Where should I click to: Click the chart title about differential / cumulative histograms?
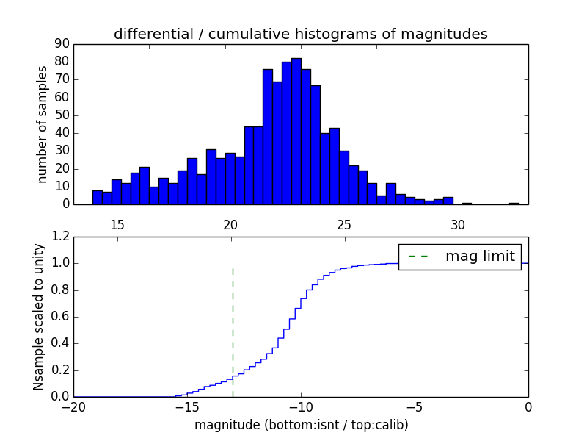[300, 35]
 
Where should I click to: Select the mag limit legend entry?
[460, 257]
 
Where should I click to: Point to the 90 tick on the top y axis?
[62, 43]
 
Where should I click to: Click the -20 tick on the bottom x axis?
[73, 406]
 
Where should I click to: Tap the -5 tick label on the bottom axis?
[415, 406]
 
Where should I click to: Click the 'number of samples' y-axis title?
[43, 124]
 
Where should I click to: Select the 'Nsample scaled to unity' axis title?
[38, 317]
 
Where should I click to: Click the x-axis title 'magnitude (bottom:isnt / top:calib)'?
[301, 425]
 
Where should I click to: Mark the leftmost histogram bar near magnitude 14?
[97, 197]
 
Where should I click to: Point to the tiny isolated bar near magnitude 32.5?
[514, 203]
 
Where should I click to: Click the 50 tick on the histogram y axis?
[62, 115]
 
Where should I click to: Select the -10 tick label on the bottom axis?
[301, 406]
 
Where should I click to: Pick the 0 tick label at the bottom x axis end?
[528, 406]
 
